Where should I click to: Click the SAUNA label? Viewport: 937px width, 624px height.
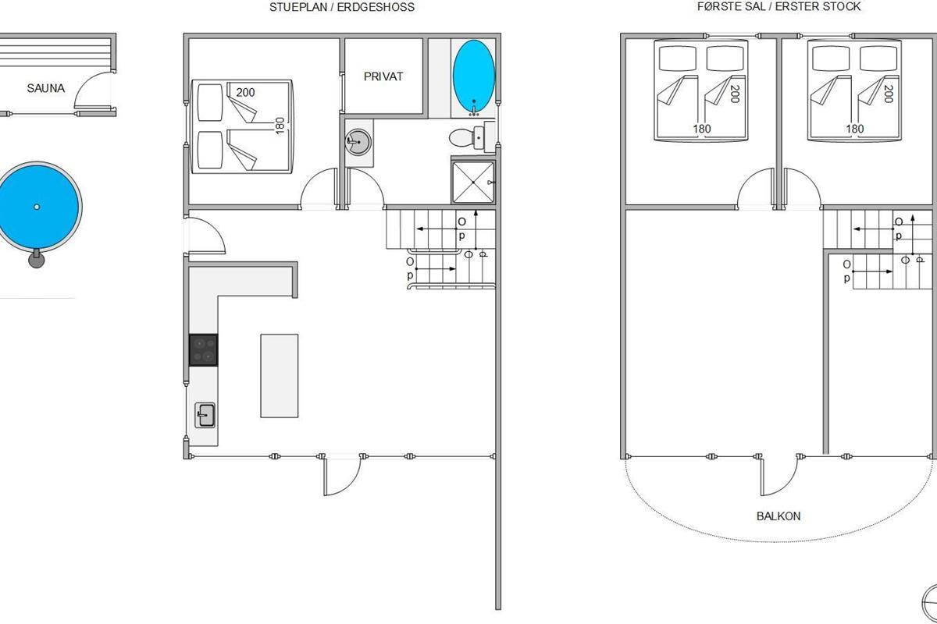coord(45,88)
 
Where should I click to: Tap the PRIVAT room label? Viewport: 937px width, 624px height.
coord(383,76)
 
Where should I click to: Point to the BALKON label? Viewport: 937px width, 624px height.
coord(778,516)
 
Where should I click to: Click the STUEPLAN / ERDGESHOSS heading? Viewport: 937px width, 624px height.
coord(342,7)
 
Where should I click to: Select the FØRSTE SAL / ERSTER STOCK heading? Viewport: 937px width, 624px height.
coord(779,7)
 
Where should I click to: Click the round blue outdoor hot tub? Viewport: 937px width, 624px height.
coord(37,207)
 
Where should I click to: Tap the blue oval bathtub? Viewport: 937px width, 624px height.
coord(473,76)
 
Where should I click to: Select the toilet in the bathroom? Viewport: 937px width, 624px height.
coord(467,137)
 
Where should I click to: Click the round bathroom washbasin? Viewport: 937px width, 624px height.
coord(358,142)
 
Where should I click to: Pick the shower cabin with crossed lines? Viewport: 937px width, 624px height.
coord(473,183)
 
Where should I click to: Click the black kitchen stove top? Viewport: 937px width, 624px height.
coord(203,349)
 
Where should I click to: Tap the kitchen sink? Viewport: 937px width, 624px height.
coord(205,415)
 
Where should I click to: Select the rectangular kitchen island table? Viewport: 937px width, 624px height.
coord(280,376)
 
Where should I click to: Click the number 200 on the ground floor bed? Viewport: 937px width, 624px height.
coord(245,92)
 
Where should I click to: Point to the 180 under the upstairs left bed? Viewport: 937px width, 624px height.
coord(701,129)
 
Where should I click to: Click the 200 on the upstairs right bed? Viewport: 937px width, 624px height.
coord(889,94)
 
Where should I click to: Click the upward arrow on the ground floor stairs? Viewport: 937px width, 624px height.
coord(476,231)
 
